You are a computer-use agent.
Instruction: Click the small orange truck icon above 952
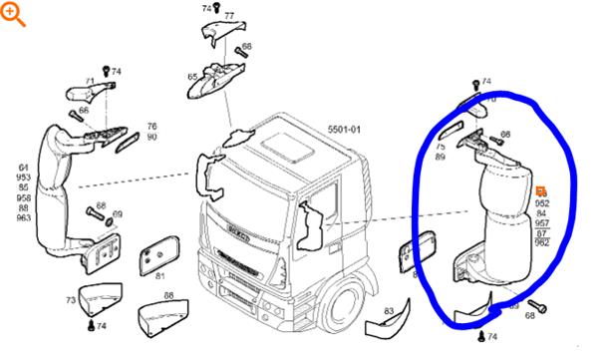click(541, 190)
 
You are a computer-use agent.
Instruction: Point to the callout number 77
click(229, 17)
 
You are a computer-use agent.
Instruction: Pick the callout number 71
click(89, 82)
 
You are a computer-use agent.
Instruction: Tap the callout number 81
click(160, 275)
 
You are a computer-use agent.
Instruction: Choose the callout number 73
click(71, 300)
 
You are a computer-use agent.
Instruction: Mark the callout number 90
click(152, 137)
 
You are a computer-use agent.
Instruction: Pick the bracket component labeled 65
click(218, 78)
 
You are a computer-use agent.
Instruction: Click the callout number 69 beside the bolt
click(118, 214)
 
